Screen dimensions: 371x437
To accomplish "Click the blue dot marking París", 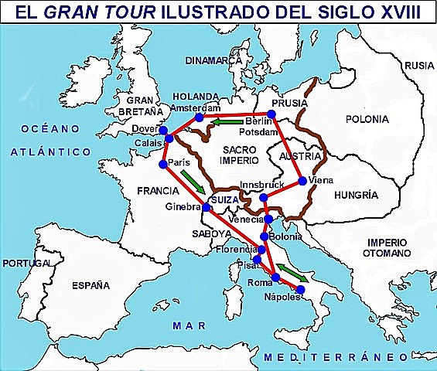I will pyautogui.click(x=163, y=164).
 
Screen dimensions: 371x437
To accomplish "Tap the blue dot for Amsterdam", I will pyautogui.click(x=200, y=117).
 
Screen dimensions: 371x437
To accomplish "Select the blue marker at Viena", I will pyautogui.click(x=302, y=181).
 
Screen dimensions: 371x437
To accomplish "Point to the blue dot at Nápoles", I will pyautogui.click(x=301, y=289).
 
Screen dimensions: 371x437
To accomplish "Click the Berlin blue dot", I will pyautogui.click(x=271, y=114).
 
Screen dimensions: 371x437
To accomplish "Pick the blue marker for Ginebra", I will pyautogui.click(x=207, y=207).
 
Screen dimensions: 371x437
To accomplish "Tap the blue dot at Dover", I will pyautogui.click(x=163, y=130).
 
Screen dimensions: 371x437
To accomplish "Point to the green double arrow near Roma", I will pyautogui.click(x=292, y=271).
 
